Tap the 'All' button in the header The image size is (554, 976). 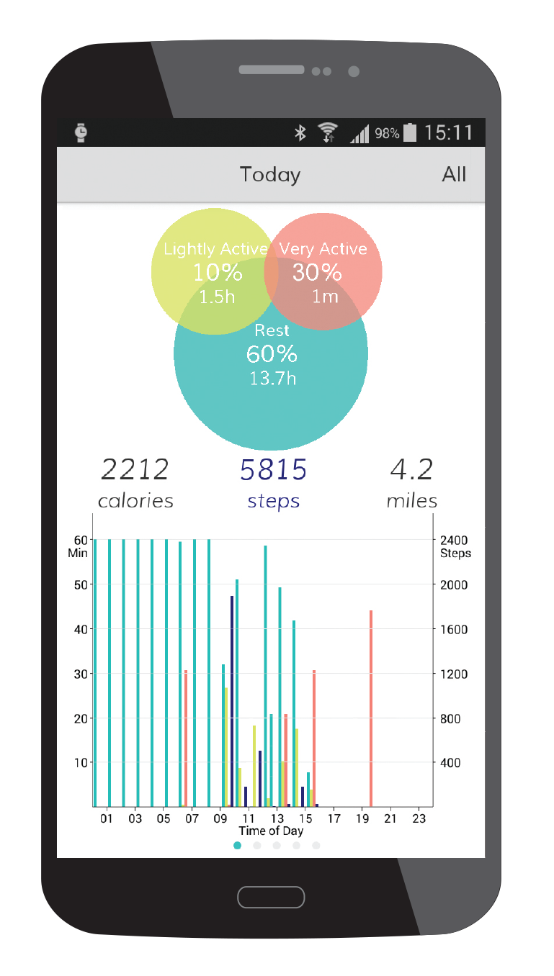pyautogui.click(x=454, y=174)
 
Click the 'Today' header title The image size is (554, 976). pyautogui.click(x=270, y=175)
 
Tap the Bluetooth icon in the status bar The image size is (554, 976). pyautogui.click(x=300, y=132)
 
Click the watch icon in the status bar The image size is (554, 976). pyautogui.click(x=81, y=132)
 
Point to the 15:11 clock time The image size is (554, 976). pyautogui.click(x=448, y=132)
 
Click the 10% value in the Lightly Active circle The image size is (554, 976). pyautogui.click(x=217, y=273)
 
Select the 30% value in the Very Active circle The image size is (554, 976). pyautogui.click(x=317, y=272)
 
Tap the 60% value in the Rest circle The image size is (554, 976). pyautogui.click(x=272, y=354)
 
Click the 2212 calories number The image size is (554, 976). pyautogui.click(x=135, y=470)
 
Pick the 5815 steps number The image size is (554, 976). pyautogui.click(x=274, y=470)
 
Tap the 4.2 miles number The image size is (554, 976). pyautogui.click(x=411, y=470)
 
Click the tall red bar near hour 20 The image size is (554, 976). pyautogui.click(x=371, y=708)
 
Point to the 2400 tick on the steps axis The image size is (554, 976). pyautogui.click(x=454, y=541)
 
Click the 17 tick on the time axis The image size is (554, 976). pyautogui.click(x=334, y=819)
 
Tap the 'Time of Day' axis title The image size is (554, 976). pyautogui.click(x=271, y=831)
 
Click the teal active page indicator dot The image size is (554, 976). pyautogui.click(x=238, y=846)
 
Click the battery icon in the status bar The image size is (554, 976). pyautogui.click(x=410, y=132)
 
